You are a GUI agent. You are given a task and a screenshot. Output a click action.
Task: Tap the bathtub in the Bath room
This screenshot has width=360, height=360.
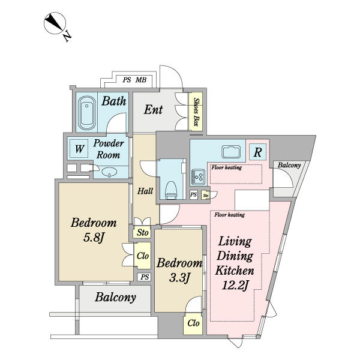87,113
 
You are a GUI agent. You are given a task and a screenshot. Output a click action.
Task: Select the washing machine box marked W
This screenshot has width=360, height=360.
79,149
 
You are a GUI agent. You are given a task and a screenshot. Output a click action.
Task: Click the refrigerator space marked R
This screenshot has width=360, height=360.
257,152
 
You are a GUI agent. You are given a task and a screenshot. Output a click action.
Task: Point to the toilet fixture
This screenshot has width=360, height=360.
171,190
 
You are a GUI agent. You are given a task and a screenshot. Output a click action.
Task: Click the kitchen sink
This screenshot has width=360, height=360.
231,152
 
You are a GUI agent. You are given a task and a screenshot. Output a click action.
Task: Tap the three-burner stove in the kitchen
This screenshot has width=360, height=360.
199,176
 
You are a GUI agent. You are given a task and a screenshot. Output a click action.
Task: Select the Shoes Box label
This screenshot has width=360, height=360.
196,112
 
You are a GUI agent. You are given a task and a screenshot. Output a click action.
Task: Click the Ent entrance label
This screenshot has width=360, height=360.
154,110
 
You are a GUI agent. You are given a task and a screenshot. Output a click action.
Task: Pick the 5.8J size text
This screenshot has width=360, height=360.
94,238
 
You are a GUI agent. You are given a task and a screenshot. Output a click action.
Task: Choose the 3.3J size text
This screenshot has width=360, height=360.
179,278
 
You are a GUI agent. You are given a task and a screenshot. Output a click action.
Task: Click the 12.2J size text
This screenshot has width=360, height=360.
235,286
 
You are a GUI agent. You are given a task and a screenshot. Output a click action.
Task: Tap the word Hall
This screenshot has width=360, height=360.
145,191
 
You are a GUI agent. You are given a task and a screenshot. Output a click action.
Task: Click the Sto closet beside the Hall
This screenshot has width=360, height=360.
142,232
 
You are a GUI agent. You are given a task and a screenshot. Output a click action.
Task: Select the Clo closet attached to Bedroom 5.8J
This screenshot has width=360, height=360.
142,256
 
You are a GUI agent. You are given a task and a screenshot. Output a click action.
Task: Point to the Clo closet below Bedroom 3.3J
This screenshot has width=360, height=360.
193,323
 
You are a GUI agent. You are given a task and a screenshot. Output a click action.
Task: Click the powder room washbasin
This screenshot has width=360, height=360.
109,172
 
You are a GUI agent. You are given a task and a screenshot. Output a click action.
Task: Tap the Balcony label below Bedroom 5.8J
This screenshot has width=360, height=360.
115,298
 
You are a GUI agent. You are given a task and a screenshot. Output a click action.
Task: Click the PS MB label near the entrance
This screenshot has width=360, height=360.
134,80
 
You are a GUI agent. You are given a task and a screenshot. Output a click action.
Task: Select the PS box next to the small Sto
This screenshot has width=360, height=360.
194,194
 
